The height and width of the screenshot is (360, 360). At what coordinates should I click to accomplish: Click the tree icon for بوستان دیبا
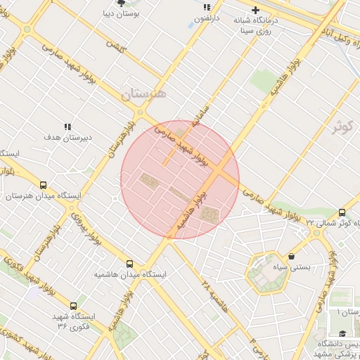(120, 3)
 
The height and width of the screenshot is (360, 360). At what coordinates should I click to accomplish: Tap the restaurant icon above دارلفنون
(206, 6)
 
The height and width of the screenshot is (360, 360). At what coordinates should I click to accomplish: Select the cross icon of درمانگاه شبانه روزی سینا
(255, 10)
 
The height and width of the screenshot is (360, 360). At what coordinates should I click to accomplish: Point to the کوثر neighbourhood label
(342, 127)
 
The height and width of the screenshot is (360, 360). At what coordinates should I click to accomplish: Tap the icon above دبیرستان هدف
(67, 127)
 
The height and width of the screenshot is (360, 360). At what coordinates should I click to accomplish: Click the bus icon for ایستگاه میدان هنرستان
(44, 186)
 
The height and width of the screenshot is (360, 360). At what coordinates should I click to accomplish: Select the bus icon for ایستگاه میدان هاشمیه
(129, 264)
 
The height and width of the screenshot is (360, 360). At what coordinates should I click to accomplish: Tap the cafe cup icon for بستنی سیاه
(292, 257)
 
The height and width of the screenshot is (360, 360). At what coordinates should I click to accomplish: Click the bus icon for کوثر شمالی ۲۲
(342, 212)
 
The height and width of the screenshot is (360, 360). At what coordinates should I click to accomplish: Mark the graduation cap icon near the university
(342, 333)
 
